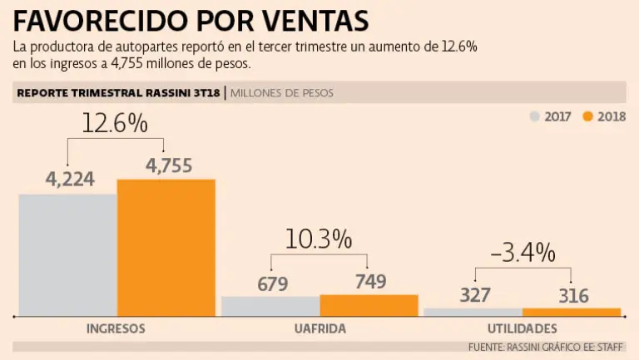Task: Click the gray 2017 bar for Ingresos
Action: tap(67, 254)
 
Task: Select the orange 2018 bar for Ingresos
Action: tap(166, 247)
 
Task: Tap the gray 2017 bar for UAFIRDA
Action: tap(270, 306)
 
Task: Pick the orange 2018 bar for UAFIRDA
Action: tap(369, 305)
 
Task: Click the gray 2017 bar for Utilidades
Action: tap(473, 312)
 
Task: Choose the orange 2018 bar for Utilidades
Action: tap(571, 312)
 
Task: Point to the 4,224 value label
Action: tap(71, 179)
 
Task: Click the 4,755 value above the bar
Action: tap(169, 165)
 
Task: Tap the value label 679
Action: tap(272, 284)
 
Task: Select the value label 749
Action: tap(370, 281)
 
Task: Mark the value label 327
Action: tap(474, 295)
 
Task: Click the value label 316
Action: tap(573, 296)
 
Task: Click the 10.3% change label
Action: tap(319, 239)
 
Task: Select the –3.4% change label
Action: tap(523, 251)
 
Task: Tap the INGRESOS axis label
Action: tap(116, 329)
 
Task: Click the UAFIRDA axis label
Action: tap(319, 329)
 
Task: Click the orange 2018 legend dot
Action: tap(588, 116)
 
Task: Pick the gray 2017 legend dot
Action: tap(535, 116)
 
